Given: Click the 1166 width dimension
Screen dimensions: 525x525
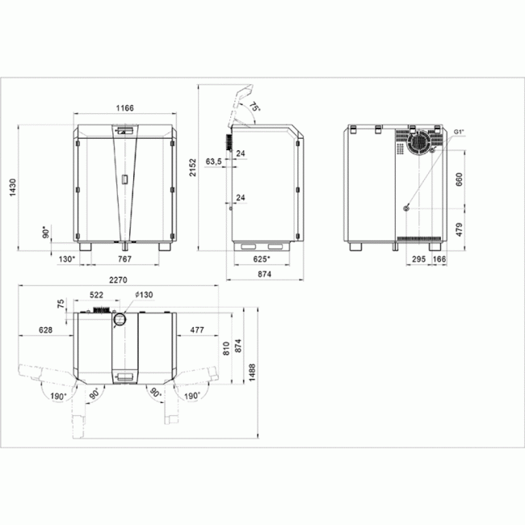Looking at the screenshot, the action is pos(124,107).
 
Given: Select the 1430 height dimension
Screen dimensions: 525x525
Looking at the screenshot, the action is pos(12,187).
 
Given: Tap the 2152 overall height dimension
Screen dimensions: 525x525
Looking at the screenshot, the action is pos(192,167).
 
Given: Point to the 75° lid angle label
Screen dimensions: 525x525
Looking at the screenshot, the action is pos(254,107).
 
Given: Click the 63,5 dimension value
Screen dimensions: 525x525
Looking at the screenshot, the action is pos(213,162).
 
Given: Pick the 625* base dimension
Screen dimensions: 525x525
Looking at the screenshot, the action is pos(262,258).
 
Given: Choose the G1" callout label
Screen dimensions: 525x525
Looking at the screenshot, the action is pos(459,132).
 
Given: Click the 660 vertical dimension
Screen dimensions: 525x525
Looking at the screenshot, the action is pos(459,179).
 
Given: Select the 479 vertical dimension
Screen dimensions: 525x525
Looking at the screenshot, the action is pos(459,229).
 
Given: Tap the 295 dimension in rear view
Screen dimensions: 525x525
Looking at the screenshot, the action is pos(418,258).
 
